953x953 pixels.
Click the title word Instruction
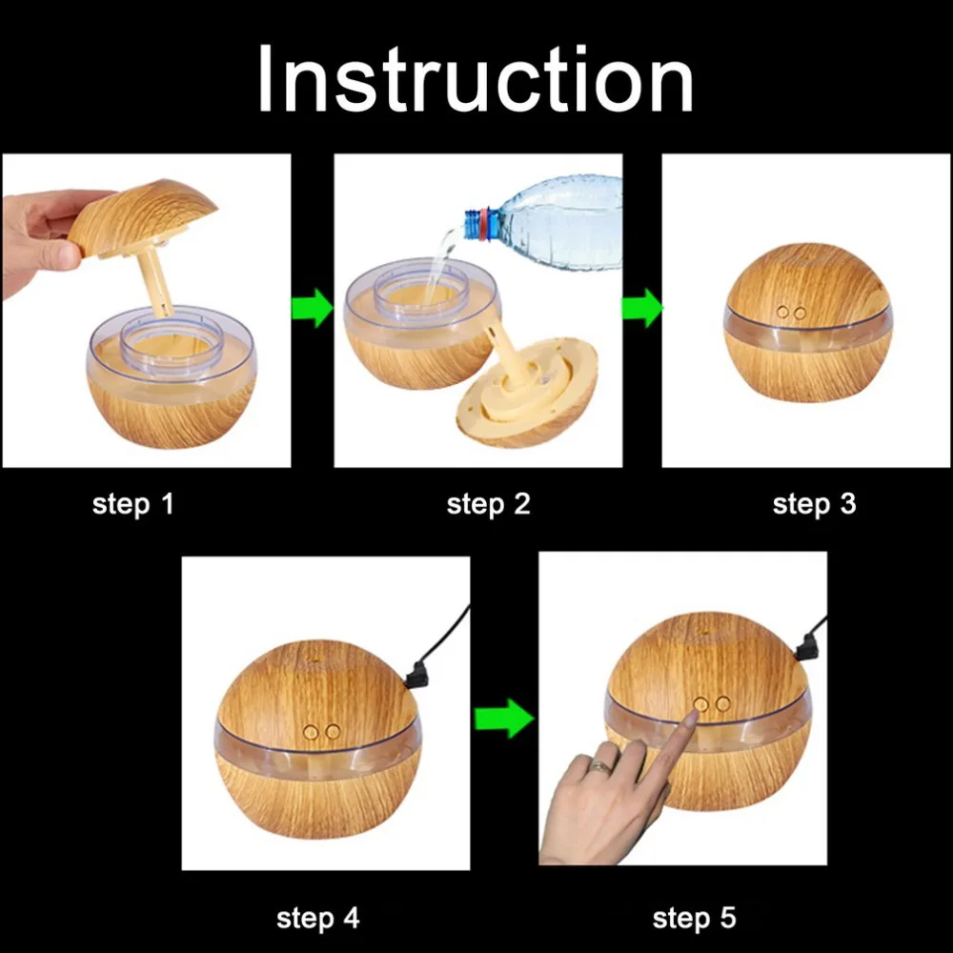pyautogui.click(x=476, y=79)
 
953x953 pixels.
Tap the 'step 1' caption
pyautogui.click(x=133, y=505)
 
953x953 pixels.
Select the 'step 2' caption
pyautogui.click(x=488, y=505)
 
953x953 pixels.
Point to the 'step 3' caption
pyautogui.click(x=815, y=505)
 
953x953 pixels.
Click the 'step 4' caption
pyautogui.click(x=318, y=919)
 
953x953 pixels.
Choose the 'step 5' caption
pyautogui.click(x=694, y=919)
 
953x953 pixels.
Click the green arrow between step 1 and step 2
pyautogui.click(x=313, y=309)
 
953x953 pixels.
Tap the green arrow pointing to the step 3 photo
pyautogui.click(x=641, y=309)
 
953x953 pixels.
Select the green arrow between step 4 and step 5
pyautogui.click(x=504, y=719)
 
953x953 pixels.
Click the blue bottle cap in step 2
pyautogui.click(x=473, y=224)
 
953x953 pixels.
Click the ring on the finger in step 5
pyautogui.click(x=600, y=766)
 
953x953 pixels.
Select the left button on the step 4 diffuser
pyautogui.click(x=312, y=732)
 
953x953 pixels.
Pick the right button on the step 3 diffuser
pyautogui.click(x=800, y=313)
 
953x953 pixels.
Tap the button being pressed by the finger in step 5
pyautogui.click(x=700, y=705)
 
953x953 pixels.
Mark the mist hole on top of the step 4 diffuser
pyautogui.click(x=315, y=659)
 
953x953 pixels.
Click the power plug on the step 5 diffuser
pyautogui.click(x=808, y=648)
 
